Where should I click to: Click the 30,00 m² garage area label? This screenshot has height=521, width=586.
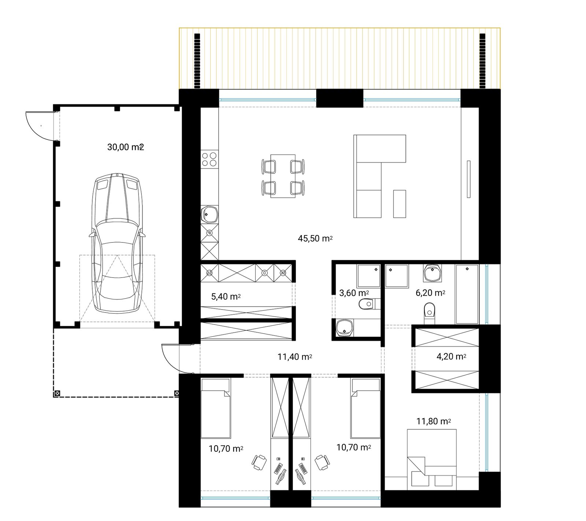pos(126,147)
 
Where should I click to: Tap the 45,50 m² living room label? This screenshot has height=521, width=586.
pos(315,239)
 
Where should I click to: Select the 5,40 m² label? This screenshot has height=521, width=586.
pos(226,296)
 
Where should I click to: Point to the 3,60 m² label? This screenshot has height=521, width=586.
pos(354,293)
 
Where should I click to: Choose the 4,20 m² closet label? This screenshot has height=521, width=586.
pos(451,356)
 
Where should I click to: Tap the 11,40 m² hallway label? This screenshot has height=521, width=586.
pos(295,356)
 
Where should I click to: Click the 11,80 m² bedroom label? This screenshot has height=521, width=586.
pos(434,421)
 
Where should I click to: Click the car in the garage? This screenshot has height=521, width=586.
pos(117,243)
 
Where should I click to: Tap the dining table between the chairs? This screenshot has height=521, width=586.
pos(283,176)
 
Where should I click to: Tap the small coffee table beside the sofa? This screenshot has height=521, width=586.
pos(400,204)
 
